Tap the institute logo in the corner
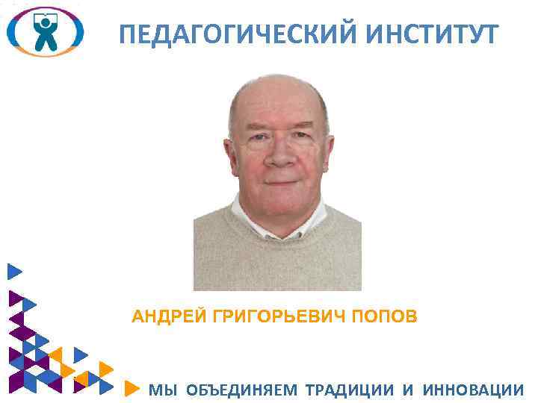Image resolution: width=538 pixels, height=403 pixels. (x=44, y=31)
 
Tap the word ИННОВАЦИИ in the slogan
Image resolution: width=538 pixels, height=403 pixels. (x=474, y=390)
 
